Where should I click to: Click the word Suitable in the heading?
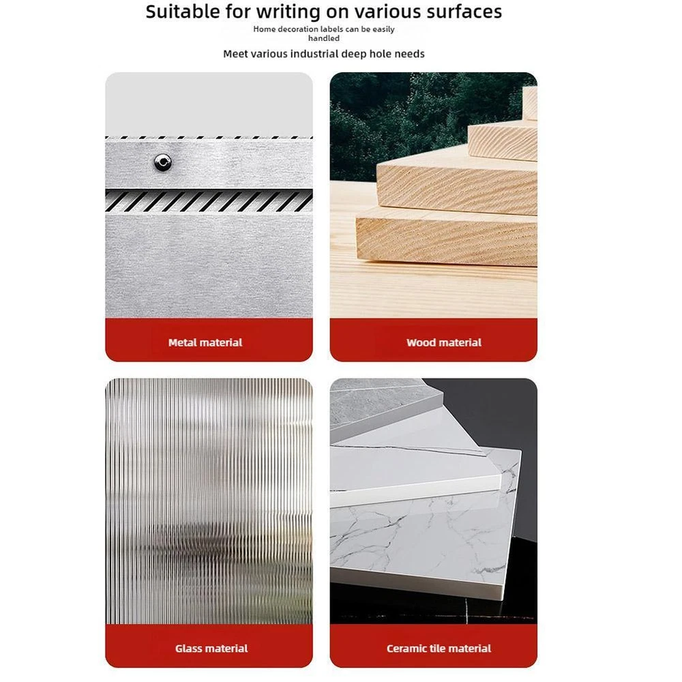(183, 12)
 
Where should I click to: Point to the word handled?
(324, 38)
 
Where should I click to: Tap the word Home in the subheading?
(264, 29)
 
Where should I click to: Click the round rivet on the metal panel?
(163, 162)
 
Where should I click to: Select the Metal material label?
(205, 343)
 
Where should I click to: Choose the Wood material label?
(444, 343)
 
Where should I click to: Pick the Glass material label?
(211, 649)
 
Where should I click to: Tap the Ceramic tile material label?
(439, 649)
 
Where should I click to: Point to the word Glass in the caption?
(187, 649)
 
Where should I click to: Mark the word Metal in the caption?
(181, 343)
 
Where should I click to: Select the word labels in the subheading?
(331, 29)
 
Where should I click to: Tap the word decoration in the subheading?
(297, 29)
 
